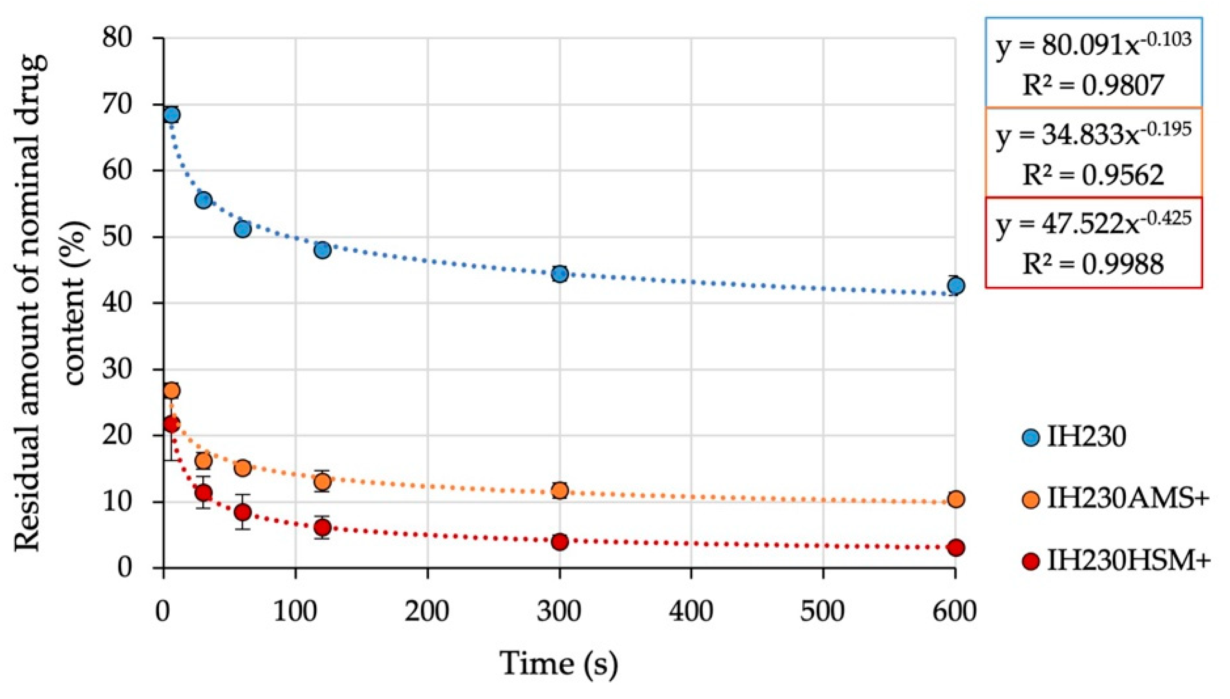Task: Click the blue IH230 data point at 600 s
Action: pyautogui.click(x=956, y=286)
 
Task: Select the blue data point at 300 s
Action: pyautogui.click(x=559, y=274)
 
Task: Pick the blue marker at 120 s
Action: pyautogui.click(x=323, y=250)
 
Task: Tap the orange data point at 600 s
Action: pyautogui.click(x=956, y=499)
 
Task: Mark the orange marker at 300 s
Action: pyautogui.click(x=559, y=491)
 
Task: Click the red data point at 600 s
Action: pyautogui.click(x=956, y=548)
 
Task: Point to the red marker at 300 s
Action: pyautogui.click(x=559, y=542)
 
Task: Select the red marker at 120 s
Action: pyautogui.click(x=323, y=528)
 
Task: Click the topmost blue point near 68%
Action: pyautogui.click(x=172, y=115)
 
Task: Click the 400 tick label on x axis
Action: pyautogui.click(x=691, y=613)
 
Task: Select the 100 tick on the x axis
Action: pyautogui.click(x=295, y=613)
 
